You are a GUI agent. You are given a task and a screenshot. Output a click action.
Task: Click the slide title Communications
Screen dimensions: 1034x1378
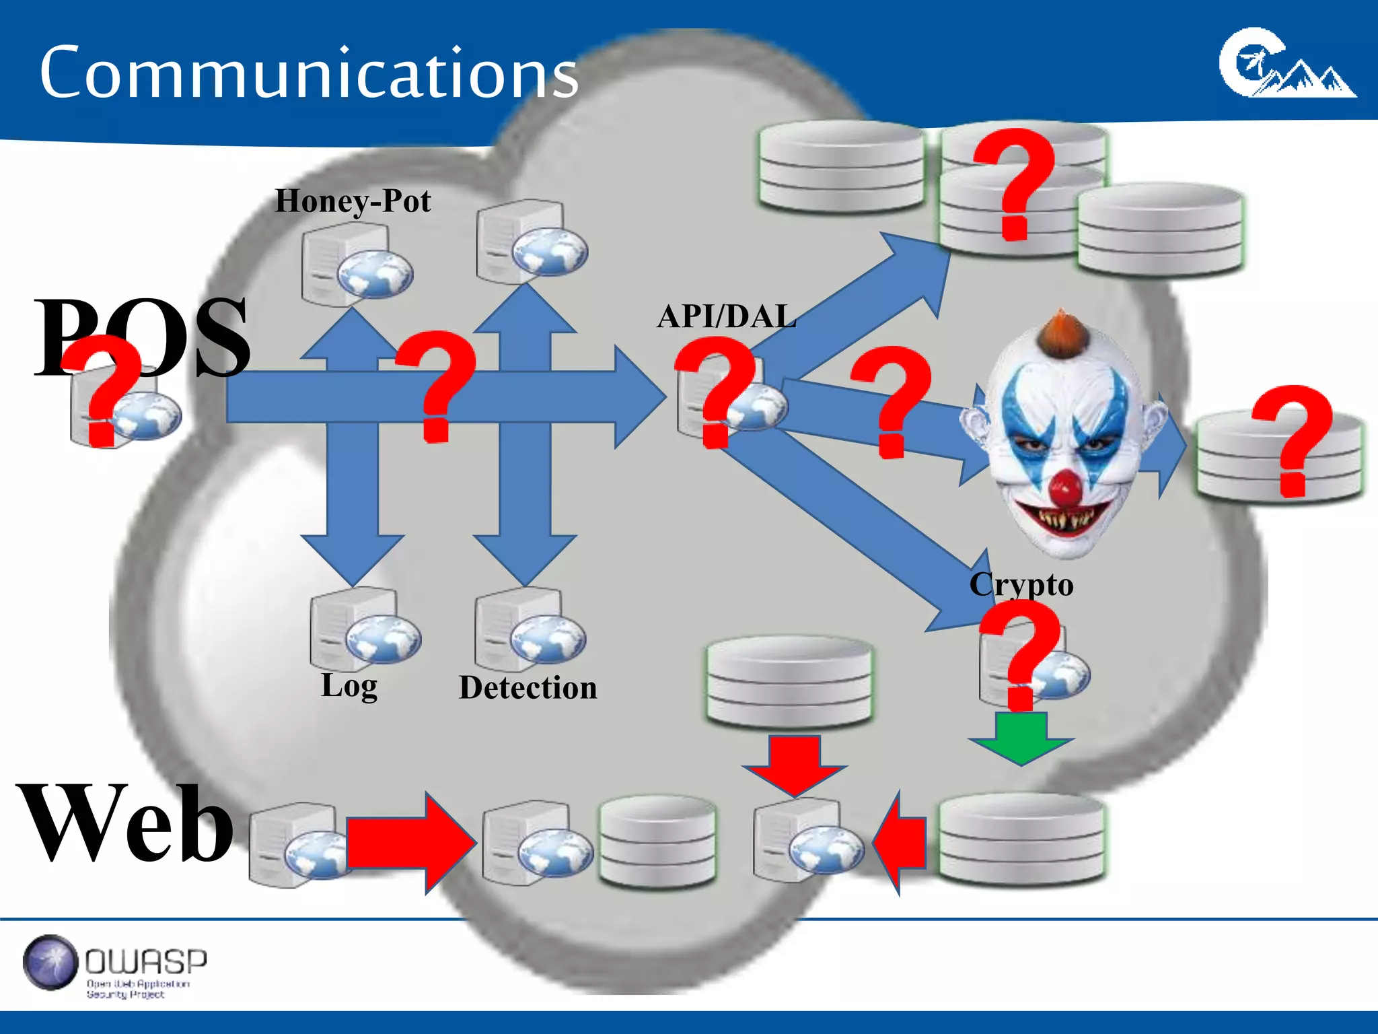pos(308,73)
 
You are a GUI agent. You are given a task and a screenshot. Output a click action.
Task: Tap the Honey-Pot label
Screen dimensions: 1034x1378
pos(353,201)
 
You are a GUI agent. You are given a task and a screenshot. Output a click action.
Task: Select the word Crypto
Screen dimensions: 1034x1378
pos(1021,584)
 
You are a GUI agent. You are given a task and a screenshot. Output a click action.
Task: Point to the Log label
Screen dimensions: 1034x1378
pos(349,685)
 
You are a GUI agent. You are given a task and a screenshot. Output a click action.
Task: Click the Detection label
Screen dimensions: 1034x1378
pos(528,688)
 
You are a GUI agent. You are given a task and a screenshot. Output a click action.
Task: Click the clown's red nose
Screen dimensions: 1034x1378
pos(1065,488)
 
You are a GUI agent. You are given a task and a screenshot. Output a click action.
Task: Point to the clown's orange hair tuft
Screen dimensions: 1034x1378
pos(1061,333)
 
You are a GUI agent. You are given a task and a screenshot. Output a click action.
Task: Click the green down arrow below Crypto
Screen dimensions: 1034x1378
pos(1021,739)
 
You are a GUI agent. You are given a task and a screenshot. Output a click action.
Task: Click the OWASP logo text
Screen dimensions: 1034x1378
pos(146,961)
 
